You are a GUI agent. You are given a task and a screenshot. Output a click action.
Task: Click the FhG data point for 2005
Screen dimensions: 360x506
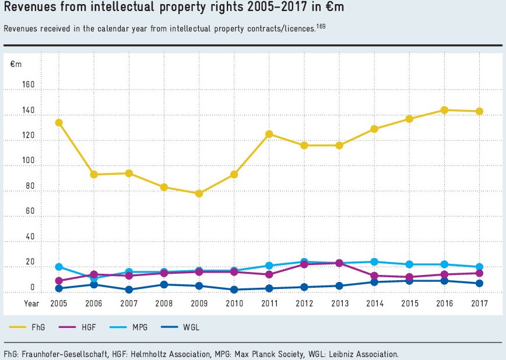pos(59,122)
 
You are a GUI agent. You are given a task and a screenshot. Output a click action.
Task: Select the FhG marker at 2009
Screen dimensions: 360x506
pos(199,193)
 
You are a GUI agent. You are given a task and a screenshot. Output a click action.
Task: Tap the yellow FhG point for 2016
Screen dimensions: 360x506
pos(444,110)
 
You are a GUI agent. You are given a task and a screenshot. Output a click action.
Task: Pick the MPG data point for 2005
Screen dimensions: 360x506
pos(59,267)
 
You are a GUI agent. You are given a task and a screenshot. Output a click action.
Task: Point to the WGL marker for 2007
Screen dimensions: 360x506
pos(129,290)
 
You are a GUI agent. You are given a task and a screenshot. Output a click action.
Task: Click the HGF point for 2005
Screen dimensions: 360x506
pos(59,281)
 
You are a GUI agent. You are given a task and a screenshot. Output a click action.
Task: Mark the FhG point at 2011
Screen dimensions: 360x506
pos(269,134)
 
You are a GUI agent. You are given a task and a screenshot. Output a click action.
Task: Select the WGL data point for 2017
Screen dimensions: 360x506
pos(479,283)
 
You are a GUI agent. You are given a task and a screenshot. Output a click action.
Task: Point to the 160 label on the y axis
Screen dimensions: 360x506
pos(29,85)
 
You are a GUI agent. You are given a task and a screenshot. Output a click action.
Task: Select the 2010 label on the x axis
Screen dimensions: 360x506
pos(234,303)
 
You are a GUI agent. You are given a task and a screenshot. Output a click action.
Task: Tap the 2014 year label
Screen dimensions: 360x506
pos(374,303)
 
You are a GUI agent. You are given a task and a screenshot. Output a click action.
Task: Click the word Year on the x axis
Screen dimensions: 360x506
pos(31,303)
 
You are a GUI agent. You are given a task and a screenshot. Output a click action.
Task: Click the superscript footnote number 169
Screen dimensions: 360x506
pos(321,26)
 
